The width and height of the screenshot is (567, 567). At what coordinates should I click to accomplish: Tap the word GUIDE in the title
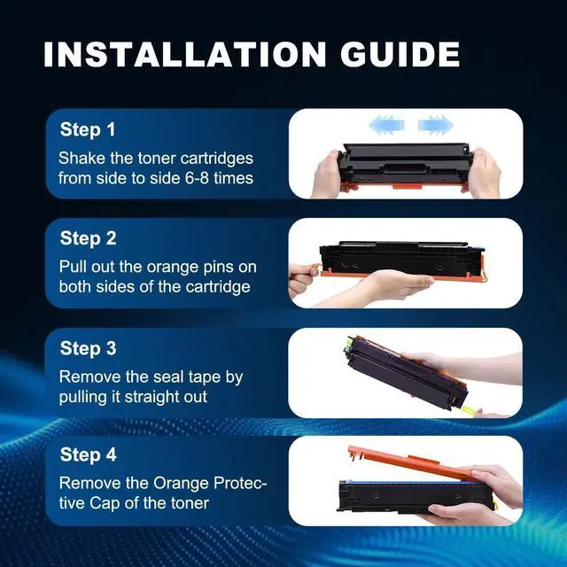400,54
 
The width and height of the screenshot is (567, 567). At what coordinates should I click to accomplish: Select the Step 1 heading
88,130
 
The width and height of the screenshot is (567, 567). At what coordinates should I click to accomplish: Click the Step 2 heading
89,238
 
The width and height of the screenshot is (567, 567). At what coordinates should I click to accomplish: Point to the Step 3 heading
89,348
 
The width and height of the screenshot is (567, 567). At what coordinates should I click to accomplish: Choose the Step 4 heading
89,454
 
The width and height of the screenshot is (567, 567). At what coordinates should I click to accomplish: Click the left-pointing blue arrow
386,125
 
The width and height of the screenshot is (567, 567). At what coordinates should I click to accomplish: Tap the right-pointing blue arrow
436,125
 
